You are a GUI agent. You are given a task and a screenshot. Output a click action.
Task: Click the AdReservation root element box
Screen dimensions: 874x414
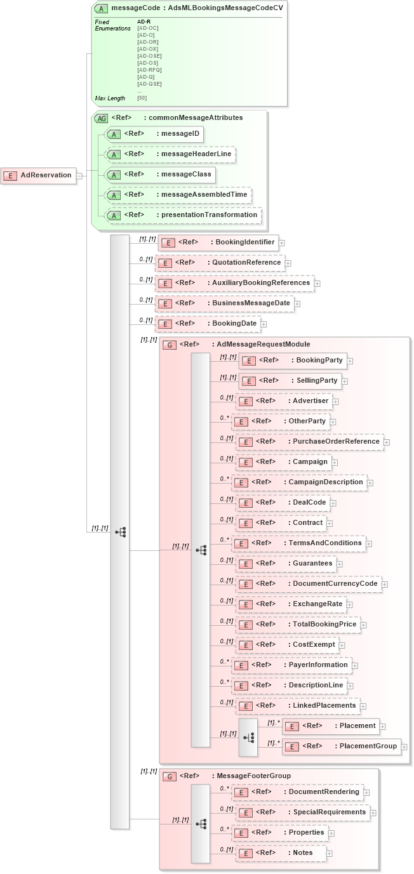[39, 175]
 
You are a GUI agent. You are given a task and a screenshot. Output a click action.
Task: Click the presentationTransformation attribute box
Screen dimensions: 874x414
[183, 215]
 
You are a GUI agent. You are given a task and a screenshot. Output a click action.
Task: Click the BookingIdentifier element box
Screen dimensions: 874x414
[218, 242]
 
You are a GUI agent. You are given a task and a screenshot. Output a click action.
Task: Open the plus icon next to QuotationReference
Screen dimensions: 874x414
[288, 263]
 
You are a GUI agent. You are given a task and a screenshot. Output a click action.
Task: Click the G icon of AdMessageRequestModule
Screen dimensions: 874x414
[170, 345]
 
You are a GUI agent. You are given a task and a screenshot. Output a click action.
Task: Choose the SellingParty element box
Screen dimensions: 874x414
[290, 381]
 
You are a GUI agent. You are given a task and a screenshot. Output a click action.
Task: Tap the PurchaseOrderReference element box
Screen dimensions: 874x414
[309, 442]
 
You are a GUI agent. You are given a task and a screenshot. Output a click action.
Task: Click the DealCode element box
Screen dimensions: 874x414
[283, 503]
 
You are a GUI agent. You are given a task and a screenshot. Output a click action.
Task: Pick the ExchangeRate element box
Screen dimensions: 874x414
[290, 604]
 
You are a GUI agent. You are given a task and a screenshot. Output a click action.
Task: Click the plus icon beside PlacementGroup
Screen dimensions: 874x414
[404, 747]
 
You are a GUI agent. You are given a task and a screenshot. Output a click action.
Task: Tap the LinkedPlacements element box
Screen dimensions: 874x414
[297, 706]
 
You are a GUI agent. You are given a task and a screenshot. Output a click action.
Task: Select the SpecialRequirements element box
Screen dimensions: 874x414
[302, 812]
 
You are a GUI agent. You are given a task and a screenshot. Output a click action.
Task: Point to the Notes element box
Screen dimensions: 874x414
[281, 853]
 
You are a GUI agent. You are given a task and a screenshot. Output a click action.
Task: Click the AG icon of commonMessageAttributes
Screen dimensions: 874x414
[101, 118]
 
